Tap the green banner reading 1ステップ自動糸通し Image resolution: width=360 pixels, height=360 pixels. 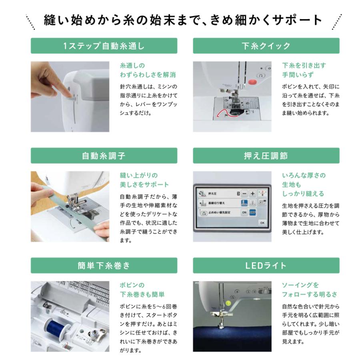pos(104,46)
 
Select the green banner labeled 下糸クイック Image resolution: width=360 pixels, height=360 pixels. pos(266,46)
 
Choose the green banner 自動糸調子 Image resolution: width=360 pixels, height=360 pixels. pos(104,156)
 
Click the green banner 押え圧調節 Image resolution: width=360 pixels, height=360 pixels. pos(266,156)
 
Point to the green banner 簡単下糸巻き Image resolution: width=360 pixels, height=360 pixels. pos(104,266)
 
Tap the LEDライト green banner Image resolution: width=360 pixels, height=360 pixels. pos(266,266)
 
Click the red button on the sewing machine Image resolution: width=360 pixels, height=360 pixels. pos(252,82)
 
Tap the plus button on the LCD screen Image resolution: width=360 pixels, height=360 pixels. pos(252,194)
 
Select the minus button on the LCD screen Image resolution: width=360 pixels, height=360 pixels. pos(244,194)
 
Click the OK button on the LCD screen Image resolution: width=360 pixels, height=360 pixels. pos(262,223)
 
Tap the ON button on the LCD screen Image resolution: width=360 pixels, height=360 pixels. pos(244,212)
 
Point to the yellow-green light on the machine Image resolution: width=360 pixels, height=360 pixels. pos(228,303)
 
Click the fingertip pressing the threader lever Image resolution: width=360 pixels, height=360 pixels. pos(68,94)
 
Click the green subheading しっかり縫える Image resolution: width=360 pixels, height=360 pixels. pos(303,194)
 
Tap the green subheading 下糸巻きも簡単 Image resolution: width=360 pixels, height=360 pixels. pos(142,294)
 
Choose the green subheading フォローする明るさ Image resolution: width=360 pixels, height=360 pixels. pos(310,294)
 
